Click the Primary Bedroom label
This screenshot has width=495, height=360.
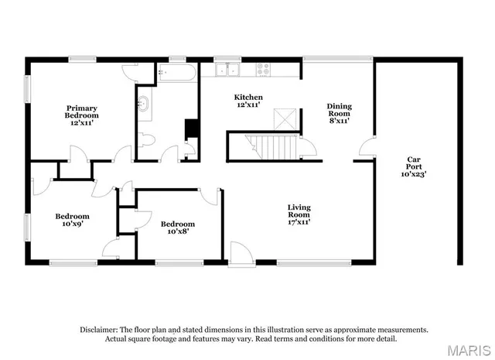(82, 115)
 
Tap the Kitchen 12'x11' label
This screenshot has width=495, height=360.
(248, 101)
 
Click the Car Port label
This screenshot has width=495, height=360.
(414, 166)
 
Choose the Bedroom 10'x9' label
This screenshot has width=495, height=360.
(72, 221)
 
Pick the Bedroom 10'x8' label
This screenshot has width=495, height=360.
(178, 228)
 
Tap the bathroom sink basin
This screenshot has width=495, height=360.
(144, 102)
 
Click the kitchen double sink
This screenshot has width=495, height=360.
(228, 70)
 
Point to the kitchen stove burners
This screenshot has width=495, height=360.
(264, 70)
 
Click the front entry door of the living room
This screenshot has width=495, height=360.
(241, 254)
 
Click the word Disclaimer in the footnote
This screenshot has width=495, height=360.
(99, 329)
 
